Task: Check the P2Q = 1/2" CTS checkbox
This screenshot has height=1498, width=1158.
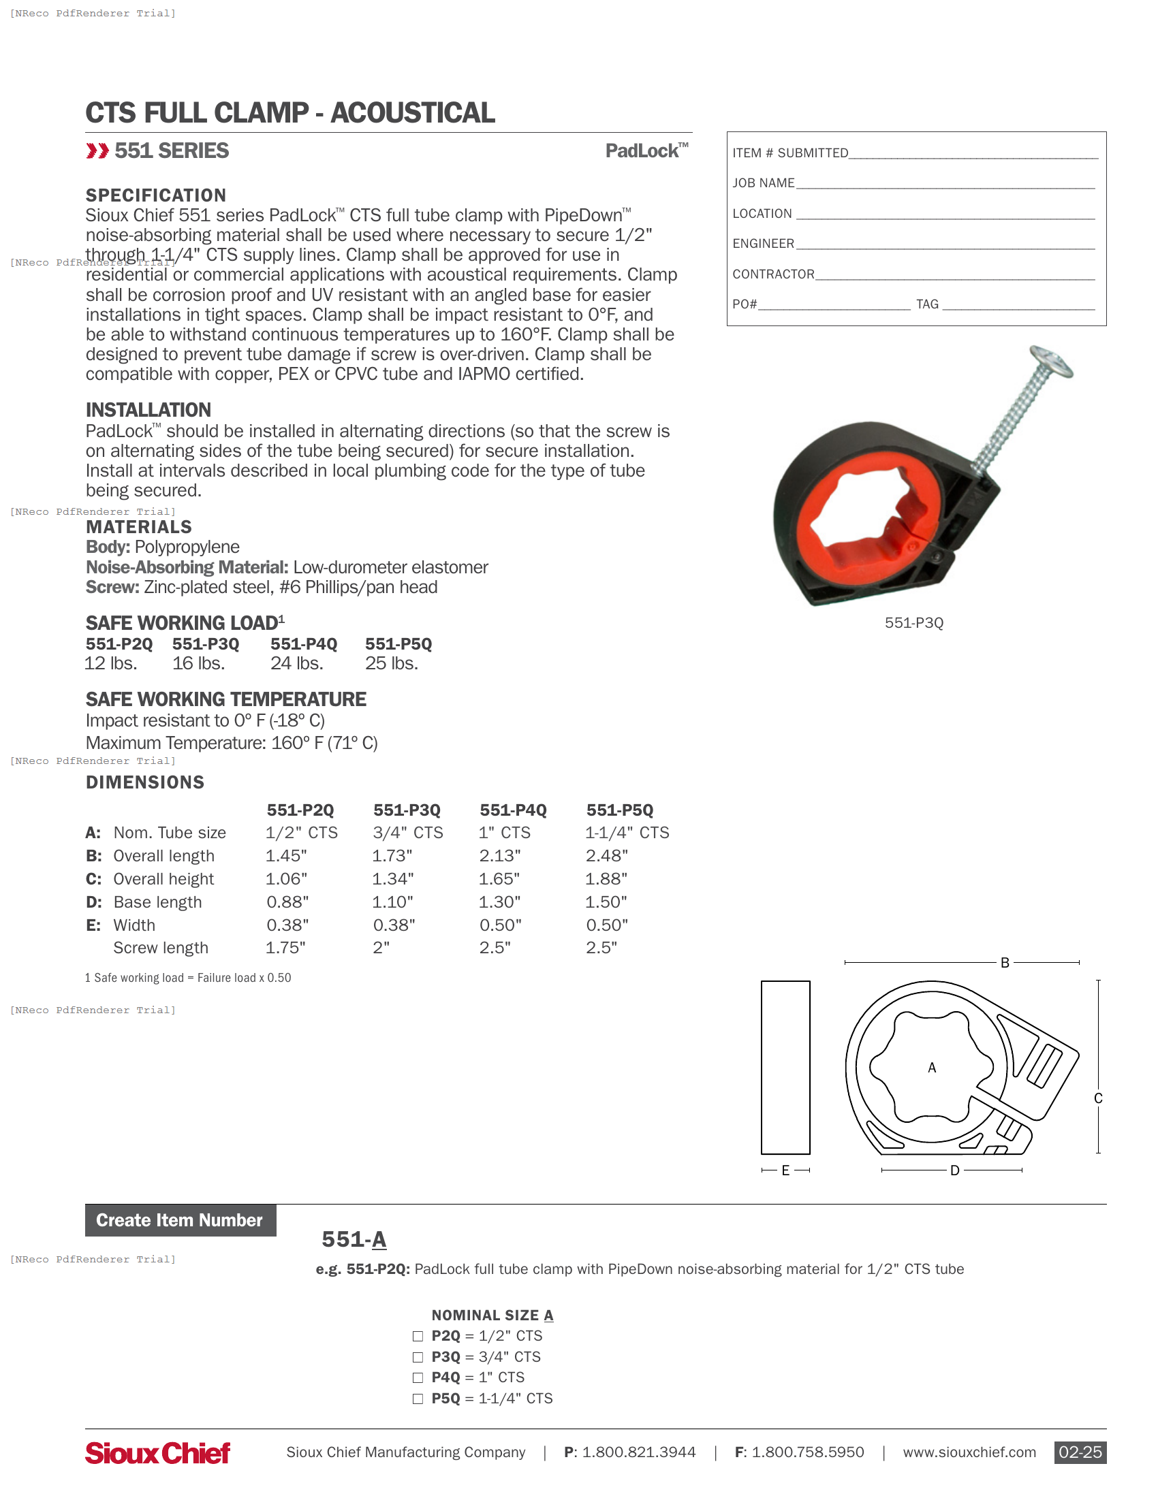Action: coord(418,1336)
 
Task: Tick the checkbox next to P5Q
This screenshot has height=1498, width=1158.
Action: coord(418,1399)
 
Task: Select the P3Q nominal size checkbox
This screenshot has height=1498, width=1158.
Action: coord(418,1356)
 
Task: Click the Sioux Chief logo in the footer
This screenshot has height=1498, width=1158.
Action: coord(158,1453)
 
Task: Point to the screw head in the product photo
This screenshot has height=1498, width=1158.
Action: coord(1051,362)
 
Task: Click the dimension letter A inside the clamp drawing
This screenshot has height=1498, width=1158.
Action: coord(932,1068)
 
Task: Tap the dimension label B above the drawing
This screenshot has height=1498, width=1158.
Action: coord(1005,963)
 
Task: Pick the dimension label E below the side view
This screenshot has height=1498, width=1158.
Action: coord(785,1170)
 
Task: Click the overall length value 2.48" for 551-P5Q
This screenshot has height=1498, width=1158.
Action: coord(607,856)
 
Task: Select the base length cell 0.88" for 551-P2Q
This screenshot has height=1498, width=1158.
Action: coord(287,902)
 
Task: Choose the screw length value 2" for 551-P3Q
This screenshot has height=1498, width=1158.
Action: coord(381,948)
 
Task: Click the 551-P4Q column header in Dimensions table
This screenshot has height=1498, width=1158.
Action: coord(513,810)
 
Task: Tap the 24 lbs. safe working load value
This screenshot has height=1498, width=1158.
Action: coord(296,663)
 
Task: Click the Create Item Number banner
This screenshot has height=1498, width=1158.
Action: coord(180,1220)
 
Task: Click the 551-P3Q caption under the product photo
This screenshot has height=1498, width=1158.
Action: coord(913,623)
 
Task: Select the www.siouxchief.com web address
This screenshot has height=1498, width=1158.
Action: coord(969,1452)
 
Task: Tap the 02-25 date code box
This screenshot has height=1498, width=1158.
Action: coord(1080,1452)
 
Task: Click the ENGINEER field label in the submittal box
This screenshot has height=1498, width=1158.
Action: coord(763,244)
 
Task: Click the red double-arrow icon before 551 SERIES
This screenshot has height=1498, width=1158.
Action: coord(97,151)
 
